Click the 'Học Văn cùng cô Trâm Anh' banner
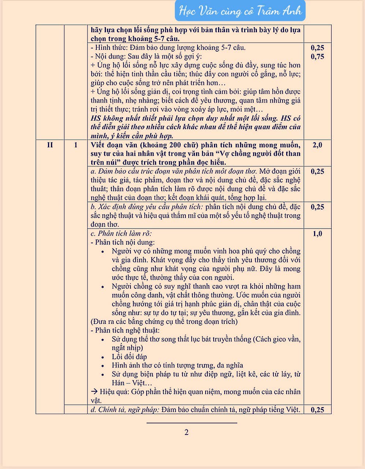coord(240,11)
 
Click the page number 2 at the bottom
coord(187,432)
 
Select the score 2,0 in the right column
coord(317,145)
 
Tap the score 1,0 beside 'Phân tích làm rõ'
coord(317,234)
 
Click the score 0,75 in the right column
coord(317,56)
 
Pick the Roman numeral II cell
coord(50,145)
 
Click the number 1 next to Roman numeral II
coord(76,145)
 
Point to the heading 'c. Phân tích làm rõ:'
coord(121,233)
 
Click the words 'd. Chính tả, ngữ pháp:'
coord(125,410)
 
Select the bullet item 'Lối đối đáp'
coord(129,357)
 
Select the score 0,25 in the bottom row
coord(317,410)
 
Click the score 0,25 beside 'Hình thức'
coord(317,48)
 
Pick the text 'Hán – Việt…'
coord(132,383)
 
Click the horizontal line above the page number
coord(192,423)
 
